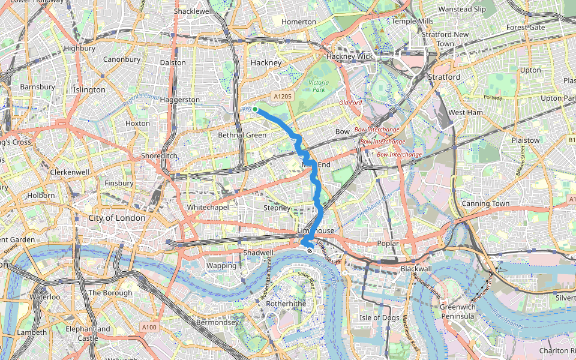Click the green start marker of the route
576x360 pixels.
tap(255, 109)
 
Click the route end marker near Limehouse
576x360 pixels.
tap(309, 251)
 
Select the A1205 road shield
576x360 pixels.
tap(282, 96)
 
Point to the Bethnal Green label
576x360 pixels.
tap(242, 135)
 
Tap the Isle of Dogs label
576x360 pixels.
tap(379, 317)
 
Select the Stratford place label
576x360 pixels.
tap(445, 77)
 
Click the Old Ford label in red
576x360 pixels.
tap(351, 103)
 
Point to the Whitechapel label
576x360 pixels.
tap(205, 207)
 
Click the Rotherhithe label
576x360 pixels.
tap(286, 304)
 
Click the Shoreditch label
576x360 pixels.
tap(158, 155)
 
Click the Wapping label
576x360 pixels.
tap(217, 265)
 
